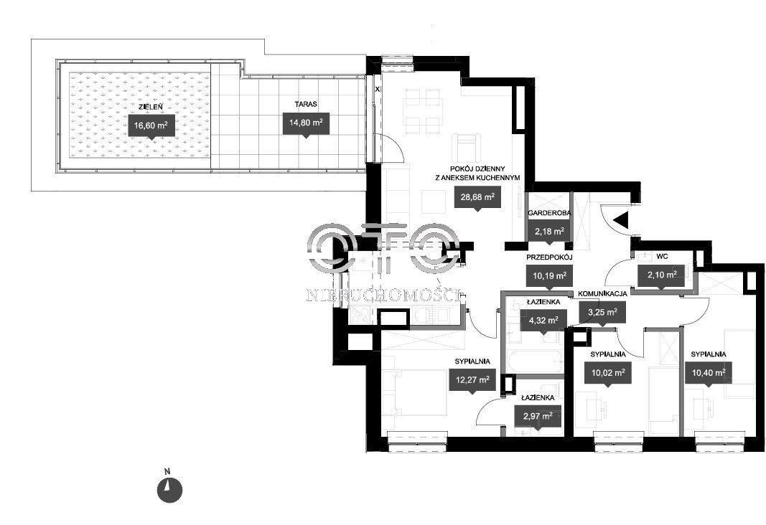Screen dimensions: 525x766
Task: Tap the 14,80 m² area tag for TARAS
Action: (306, 123)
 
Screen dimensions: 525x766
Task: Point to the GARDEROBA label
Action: (548, 214)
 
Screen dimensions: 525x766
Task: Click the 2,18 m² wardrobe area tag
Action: (548, 231)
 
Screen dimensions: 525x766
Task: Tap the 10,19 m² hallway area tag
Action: (549, 275)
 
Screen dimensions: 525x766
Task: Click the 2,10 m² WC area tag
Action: (661, 275)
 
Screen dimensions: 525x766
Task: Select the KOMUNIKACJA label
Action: (604, 294)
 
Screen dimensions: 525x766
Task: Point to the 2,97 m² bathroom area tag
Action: (537, 415)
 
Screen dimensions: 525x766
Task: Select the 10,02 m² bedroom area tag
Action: (608, 372)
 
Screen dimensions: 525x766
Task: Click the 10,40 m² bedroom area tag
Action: (709, 372)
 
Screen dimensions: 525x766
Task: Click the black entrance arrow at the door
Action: (622, 220)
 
